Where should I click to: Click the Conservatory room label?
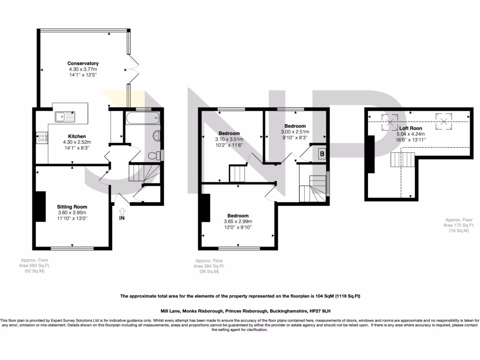click(83, 63)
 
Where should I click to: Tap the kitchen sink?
click(61, 116)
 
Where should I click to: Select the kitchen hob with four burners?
click(41, 137)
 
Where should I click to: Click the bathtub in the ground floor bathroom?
click(142, 117)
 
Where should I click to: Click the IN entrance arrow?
click(122, 214)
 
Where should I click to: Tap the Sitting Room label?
click(72, 207)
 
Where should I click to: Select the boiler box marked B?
click(322, 153)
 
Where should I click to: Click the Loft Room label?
click(411, 128)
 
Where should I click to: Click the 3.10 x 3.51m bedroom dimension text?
click(229, 139)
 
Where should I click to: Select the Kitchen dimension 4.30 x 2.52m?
click(76, 142)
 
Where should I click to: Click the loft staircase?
click(403, 160)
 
